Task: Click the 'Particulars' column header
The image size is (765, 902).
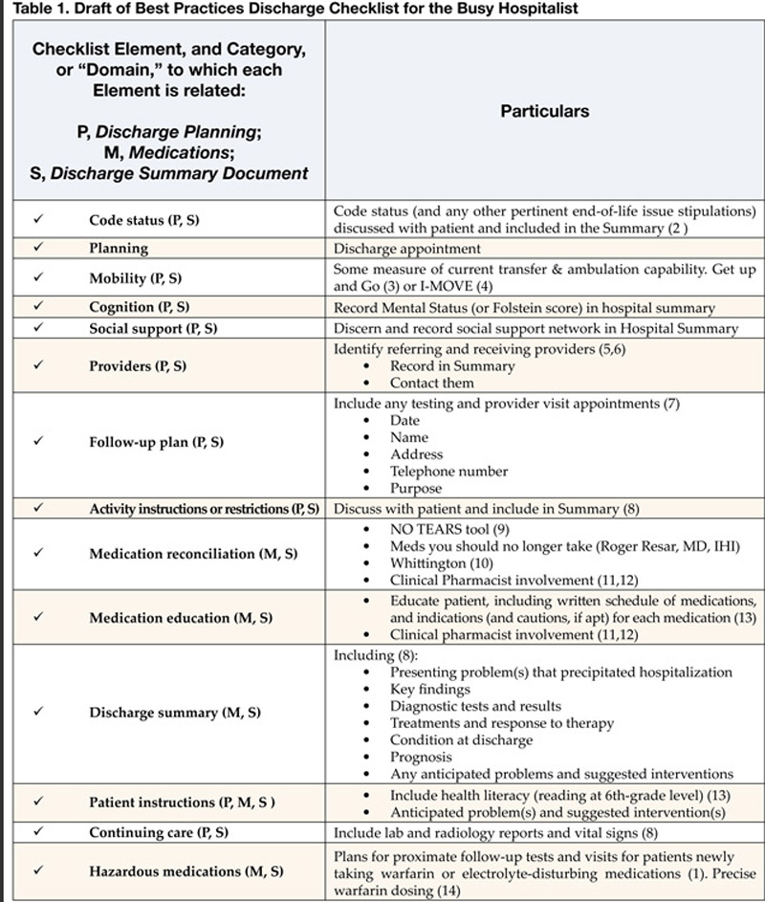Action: (545, 111)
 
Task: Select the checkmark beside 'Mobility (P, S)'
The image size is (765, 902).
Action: (38, 277)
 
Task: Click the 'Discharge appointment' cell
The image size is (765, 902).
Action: (393, 248)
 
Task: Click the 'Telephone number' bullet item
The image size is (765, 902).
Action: (448, 471)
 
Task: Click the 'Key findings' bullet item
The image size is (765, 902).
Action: (429, 689)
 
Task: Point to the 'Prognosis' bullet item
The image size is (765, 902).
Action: (422, 757)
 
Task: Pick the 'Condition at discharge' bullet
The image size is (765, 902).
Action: (461, 740)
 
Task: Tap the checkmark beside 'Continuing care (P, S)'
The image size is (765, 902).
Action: (38, 832)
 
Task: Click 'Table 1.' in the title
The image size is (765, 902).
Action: (28, 9)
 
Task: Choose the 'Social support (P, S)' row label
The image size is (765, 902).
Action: (153, 328)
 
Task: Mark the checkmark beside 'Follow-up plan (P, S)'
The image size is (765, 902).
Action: (38, 442)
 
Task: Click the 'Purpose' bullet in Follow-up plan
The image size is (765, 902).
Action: (416, 488)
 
